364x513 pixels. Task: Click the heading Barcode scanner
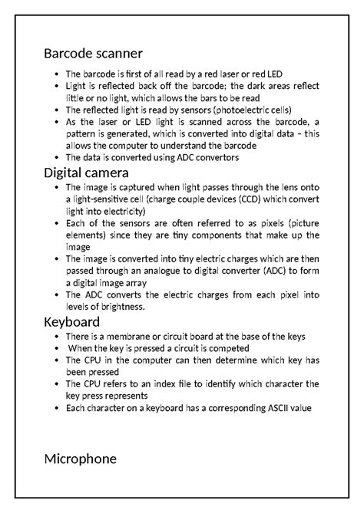tap(93, 54)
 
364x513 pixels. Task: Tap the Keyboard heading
tap(71, 321)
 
